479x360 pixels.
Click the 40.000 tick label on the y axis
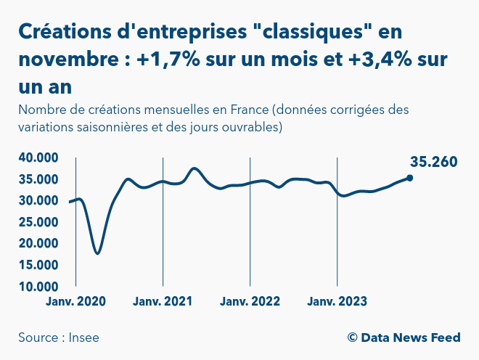point(38,157)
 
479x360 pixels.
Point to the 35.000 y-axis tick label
point(38,179)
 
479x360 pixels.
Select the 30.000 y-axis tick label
point(38,200)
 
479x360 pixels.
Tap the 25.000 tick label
point(38,222)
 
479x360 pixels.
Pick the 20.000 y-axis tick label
point(38,244)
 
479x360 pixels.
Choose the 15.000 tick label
point(38,265)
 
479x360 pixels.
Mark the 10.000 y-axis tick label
point(38,287)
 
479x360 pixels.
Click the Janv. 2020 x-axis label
point(76,301)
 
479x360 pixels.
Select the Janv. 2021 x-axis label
point(163,301)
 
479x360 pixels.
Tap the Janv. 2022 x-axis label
point(250,301)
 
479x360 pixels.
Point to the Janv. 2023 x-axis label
point(337,301)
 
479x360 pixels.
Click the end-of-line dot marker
point(410,178)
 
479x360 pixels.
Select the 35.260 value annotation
point(433,162)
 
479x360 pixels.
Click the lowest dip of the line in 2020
point(97,253)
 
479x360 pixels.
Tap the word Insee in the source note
point(85,337)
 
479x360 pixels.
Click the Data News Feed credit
point(410,337)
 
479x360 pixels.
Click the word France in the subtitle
point(248,111)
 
